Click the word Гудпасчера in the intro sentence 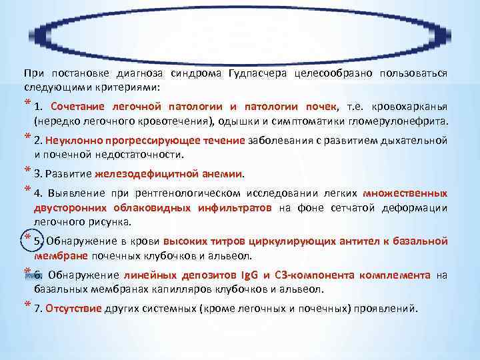[x=261, y=74]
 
